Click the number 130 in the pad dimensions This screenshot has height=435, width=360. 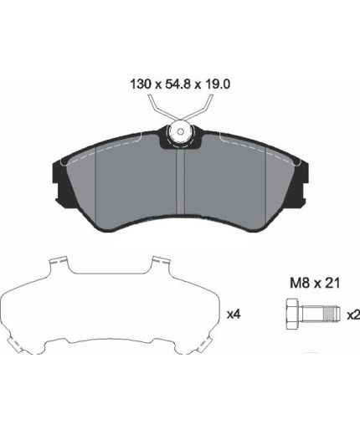pyautogui.click(x=141, y=84)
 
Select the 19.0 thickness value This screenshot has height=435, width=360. pyautogui.click(x=217, y=84)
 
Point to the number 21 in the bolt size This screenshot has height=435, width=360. pyautogui.click(x=333, y=284)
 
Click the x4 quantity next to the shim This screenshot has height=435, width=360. pyautogui.click(x=234, y=315)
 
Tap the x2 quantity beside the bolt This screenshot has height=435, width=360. pyautogui.click(x=353, y=315)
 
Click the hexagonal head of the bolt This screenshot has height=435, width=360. pyautogui.click(x=293, y=314)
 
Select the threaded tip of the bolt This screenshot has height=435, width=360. pyautogui.click(x=333, y=314)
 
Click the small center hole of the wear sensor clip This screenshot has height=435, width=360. pyautogui.click(x=181, y=131)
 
